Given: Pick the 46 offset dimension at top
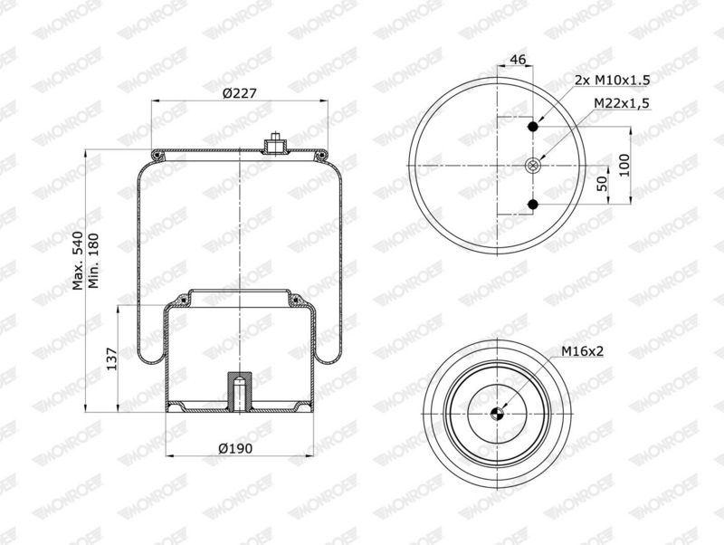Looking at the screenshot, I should point(519,59).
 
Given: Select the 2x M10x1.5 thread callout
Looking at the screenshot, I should point(612,81).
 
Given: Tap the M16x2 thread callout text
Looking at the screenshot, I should point(582,351).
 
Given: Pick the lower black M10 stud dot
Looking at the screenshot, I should point(534,205).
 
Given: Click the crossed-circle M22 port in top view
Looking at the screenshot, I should point(534,165).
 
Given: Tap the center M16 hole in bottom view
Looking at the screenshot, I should point(497,413).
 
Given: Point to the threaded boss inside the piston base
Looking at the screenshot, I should point(240,388).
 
